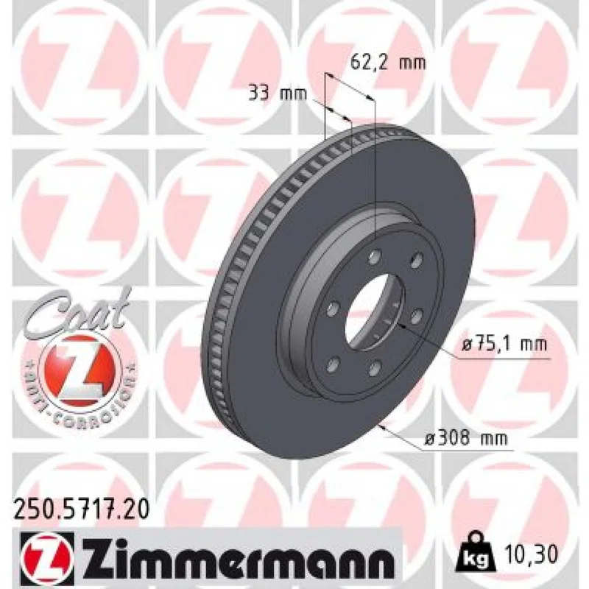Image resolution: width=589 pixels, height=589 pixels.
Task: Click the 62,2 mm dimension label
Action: (388, 63)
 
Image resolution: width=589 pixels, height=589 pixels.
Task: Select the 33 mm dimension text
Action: (278, 94)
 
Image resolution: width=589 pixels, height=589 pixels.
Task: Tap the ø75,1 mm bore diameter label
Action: (504, 344)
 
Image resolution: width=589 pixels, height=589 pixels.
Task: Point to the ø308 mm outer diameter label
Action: (465, 438)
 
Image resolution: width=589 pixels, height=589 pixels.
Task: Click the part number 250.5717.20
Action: (82, 509)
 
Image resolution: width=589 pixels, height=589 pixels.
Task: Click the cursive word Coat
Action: (77, 311)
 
